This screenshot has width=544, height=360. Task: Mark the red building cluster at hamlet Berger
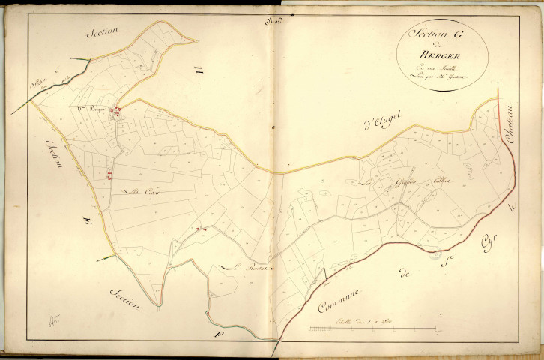coord(116,112)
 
